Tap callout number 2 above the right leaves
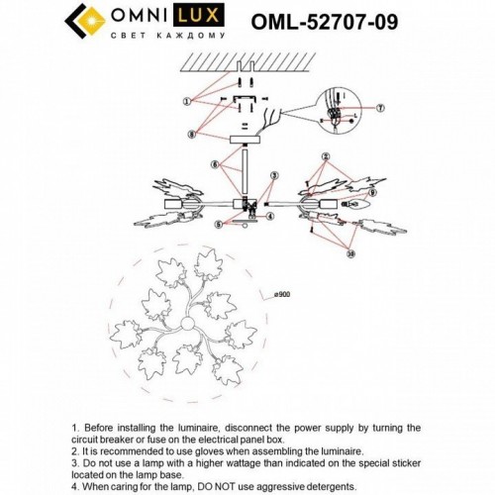pos(324,157)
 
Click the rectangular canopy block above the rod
pos(243,142)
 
